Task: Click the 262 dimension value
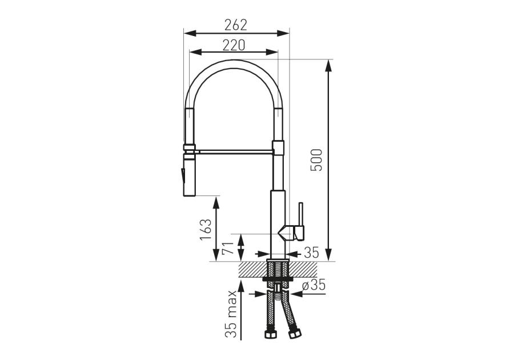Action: pyautogui.click(x=235, y=25)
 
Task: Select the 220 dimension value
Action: pyautogui.click(x=234, y=45)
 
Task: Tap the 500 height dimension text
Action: pyautogui.click(x=317, y=160)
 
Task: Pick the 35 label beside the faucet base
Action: pyautogui.click(x=311, y=253)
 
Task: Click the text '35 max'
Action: pyautogui.click(x=231, y=314)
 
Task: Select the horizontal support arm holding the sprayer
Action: pyautogui.click(x=234, y=151)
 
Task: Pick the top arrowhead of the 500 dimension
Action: pyautogui.click(x=328, y=64)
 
